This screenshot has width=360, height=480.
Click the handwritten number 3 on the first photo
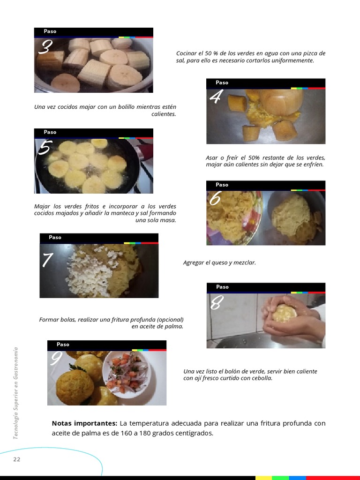[x=45, y=47]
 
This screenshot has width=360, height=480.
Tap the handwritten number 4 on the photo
[x=216, y=96]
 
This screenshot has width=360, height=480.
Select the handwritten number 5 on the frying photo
[x=45, y=148]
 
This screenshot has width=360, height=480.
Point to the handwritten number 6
[x=215, y=198]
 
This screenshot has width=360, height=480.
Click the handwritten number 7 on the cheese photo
[x=47, y=260]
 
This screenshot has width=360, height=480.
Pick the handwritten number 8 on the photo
[x=217, y=302]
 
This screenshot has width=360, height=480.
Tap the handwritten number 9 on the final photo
[x=56, y=358]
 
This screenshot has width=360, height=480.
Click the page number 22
[x=16, y=459]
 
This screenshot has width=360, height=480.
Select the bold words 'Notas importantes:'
[x=84, y=423]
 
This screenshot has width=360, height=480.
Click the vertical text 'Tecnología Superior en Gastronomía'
[x=15, y=393]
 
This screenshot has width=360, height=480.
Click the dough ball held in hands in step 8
[x=285, y=313]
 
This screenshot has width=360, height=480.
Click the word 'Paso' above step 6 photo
[x=222, y=185]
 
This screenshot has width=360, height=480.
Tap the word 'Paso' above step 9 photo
[x=63, y=345]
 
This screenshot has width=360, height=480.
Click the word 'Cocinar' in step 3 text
[x=186, y=53]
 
